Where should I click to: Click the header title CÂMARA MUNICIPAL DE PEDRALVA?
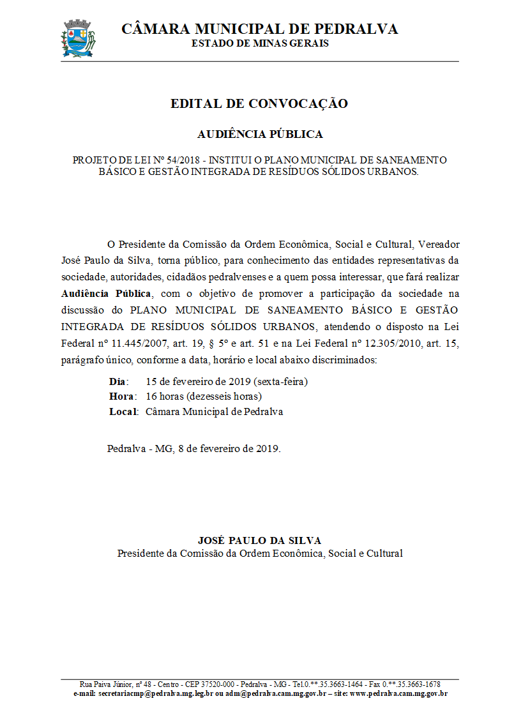coord(259,29)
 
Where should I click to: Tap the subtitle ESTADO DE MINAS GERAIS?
coord(260,43)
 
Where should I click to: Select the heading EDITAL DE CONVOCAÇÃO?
coord(259,103)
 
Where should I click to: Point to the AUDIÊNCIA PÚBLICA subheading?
coord(260,134)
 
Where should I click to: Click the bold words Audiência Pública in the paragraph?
coord(107,294)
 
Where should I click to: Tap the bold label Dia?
coord(117,382)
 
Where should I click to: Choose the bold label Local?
coord(123,412)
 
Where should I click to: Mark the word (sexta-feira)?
coord(281,382)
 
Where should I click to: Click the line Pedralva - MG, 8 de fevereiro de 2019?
coord(193,448)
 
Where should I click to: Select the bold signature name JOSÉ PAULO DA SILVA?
coord(259,541)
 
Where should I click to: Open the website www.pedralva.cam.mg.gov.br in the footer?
coord(398,693)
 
